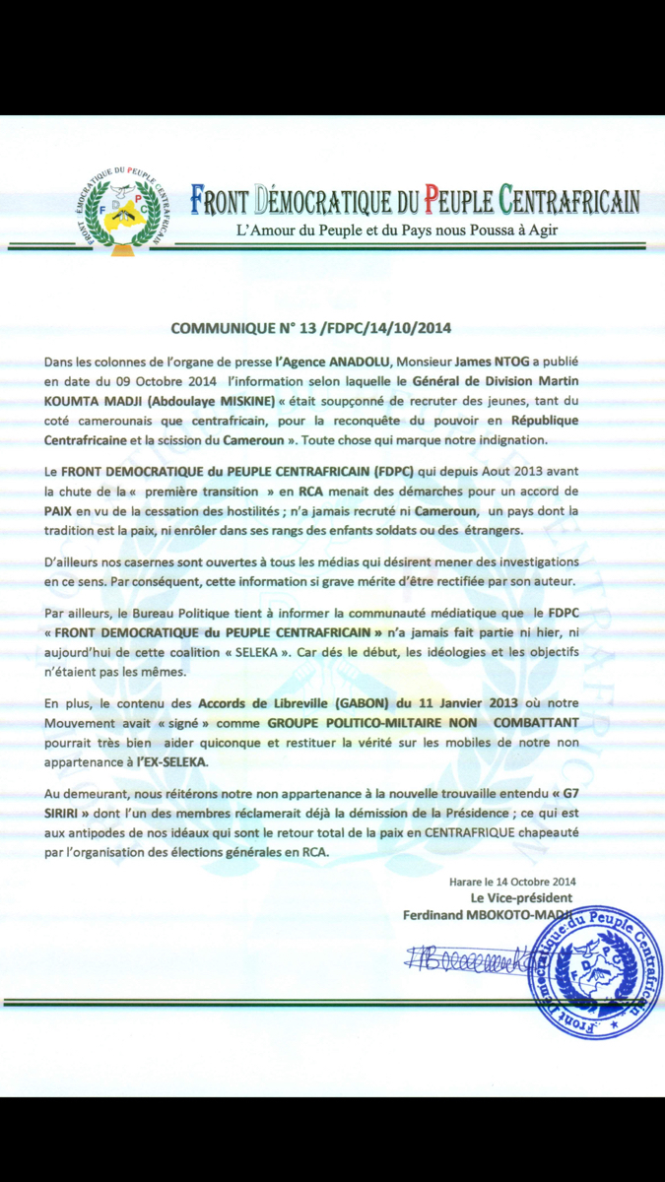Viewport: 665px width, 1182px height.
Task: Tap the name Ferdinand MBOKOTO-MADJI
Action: (490, 915)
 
